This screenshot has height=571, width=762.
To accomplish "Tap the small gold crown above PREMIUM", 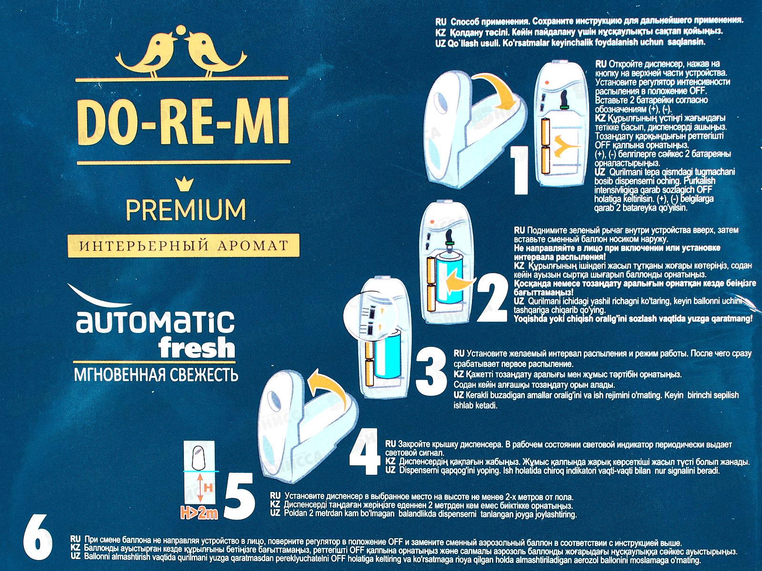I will click(183, 183).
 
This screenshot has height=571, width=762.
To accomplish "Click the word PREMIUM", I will click(186, 209).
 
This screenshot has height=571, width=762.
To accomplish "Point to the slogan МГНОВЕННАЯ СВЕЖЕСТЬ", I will click(156, 375).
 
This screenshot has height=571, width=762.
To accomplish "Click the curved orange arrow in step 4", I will click(329, 385).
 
